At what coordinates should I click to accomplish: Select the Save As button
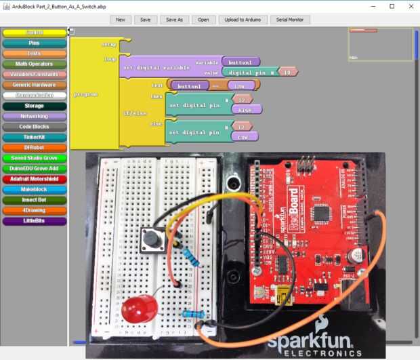tap(174, 20)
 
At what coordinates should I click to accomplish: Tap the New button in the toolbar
tap(120, 20)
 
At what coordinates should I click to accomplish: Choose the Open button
tap(203, 20)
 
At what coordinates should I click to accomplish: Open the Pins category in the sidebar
tap(34, 43)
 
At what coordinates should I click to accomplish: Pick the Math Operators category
tap(34, 64)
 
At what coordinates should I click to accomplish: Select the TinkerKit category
tap(34, 137)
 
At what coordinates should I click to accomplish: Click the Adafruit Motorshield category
tap(34, 179)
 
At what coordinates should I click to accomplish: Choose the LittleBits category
tap(34, 221)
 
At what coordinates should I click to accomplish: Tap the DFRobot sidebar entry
tap(34, 147)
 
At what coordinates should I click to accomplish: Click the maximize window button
tap(392, 5)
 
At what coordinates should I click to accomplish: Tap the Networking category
tap(34, 116)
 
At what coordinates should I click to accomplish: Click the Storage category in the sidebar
tap(34, 106)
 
